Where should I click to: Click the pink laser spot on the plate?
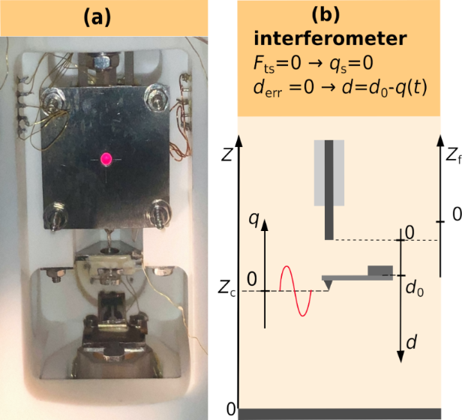tap(105, 158)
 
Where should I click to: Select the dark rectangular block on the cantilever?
tap(380, 271)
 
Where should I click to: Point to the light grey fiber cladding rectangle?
tap(330, 172)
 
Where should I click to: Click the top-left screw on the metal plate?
tap(55, 98)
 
